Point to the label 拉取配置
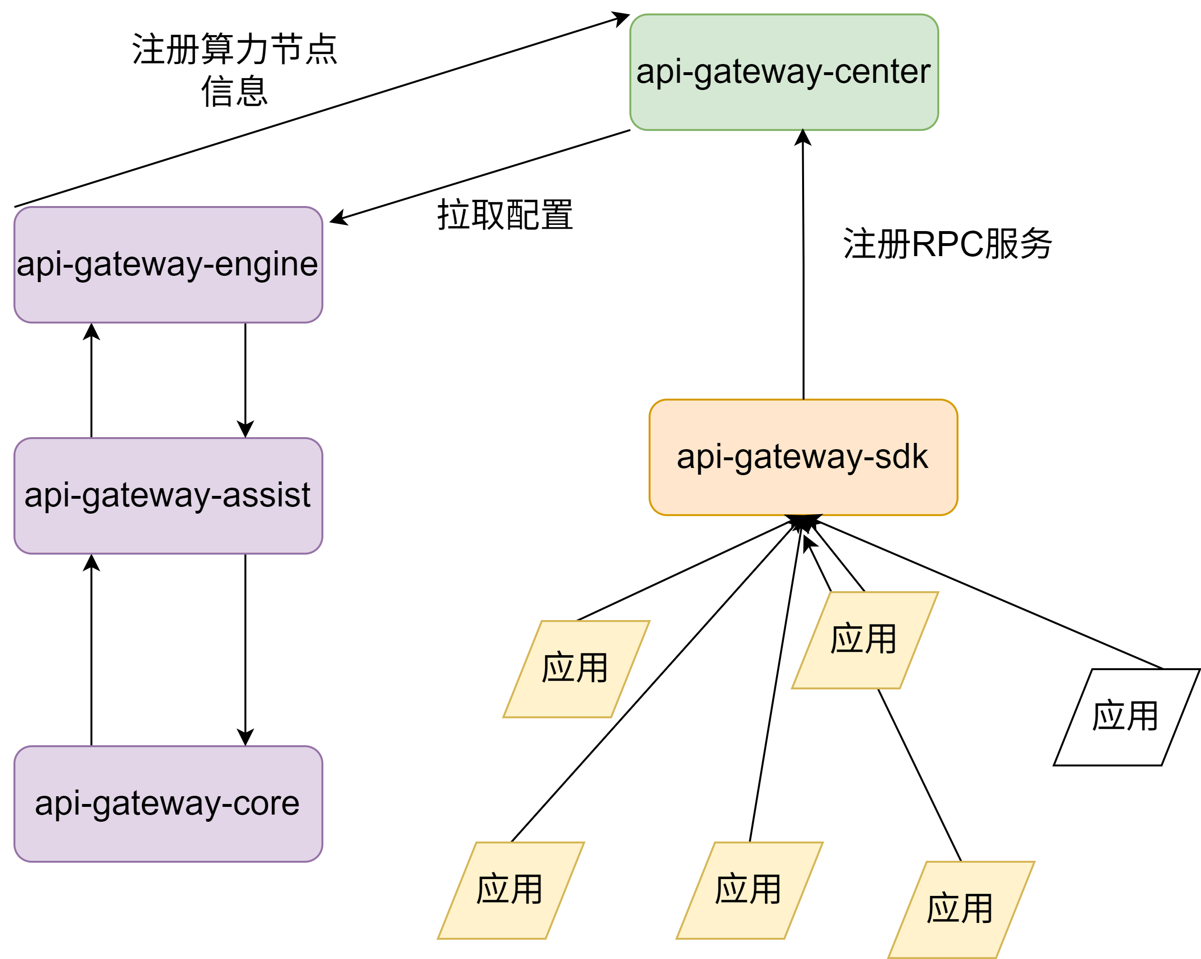[x=505, y=215]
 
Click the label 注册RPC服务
[x=947, y=244]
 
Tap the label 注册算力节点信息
[x=234, y=70]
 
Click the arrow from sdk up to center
[x=803, y=268]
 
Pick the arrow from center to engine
[x=479, y=176]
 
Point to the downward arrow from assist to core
[x=245, y=649]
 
